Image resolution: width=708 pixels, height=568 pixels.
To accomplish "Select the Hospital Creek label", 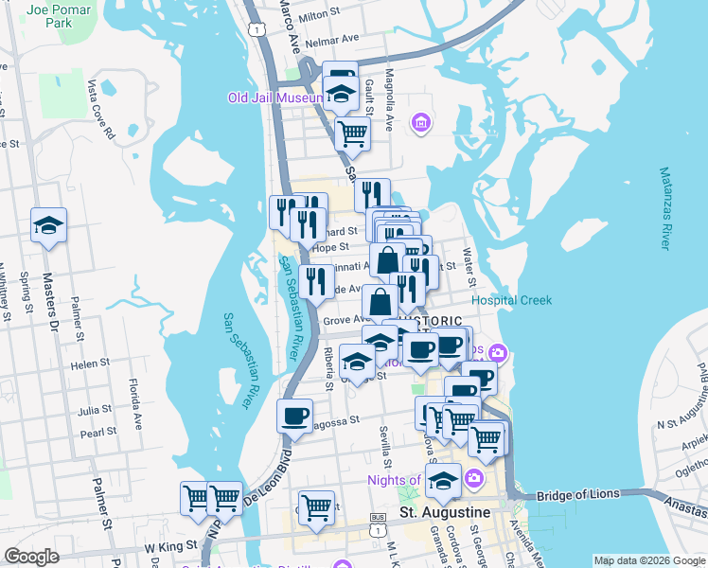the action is coord(511,300).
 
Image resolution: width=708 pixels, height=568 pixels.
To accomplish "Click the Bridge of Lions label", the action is coord(575,496).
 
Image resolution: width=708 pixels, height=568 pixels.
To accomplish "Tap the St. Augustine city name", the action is coord(445,512).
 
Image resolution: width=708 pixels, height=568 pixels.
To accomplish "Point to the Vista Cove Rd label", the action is coord(101,108).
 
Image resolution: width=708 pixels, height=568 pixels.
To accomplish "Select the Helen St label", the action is coord(91,364).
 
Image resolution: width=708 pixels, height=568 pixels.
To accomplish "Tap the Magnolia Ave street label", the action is coord(388,86).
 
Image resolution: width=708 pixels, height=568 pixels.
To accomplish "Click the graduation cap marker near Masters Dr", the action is coord(48,225).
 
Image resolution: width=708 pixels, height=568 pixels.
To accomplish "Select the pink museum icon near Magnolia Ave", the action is coord(421,122).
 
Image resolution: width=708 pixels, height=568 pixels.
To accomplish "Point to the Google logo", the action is coord(31,556).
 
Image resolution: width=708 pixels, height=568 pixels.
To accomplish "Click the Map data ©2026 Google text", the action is coord(648,560).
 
